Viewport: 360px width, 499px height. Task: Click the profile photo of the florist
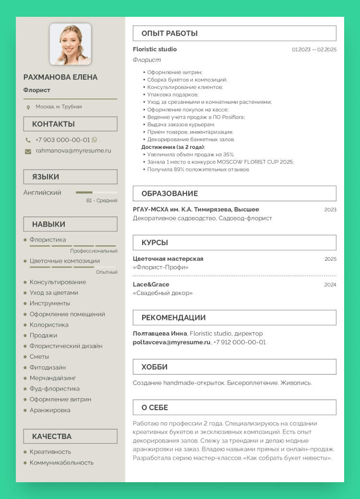pyautogui.click(x=70, y=44)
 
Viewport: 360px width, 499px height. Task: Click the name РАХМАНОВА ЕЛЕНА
pyautogui.click(x=60, y=77)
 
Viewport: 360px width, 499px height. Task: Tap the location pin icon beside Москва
pyautogui.click(x=28, y=107)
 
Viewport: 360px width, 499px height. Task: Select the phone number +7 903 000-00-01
pyautogui.click(x=62, y=140)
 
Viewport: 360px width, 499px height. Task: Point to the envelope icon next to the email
pyautogui.click(x=28, y=151)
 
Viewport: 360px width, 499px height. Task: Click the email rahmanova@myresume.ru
pyautogui.click(x=73, y=150)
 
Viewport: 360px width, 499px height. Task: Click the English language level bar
pyautogui.click(x=96, y=193)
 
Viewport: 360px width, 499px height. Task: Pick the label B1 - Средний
pyautogui.click(x=102, y=201)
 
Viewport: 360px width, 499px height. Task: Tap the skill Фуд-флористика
pyautogui.click(x=55, y=389)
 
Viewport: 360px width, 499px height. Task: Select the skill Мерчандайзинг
pyautogui.click(x=53, y=378)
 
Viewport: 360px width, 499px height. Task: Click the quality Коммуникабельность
pyautogui.click(x=61, y=462)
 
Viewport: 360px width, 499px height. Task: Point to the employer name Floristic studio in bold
pyautogui.click(x=155, y=49)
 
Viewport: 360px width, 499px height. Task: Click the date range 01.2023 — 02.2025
pyautogui.click(x=314, y=49)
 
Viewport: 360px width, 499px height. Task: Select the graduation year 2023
pyautogui.click(x=330, y=209)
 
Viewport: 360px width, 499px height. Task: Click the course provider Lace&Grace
pyautogui.click(x=151, y=284)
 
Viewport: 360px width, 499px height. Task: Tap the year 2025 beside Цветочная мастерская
pyautogui.click(x=330, y=259)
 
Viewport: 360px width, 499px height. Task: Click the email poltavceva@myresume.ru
pyautogui.click(x=171, y=342)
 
